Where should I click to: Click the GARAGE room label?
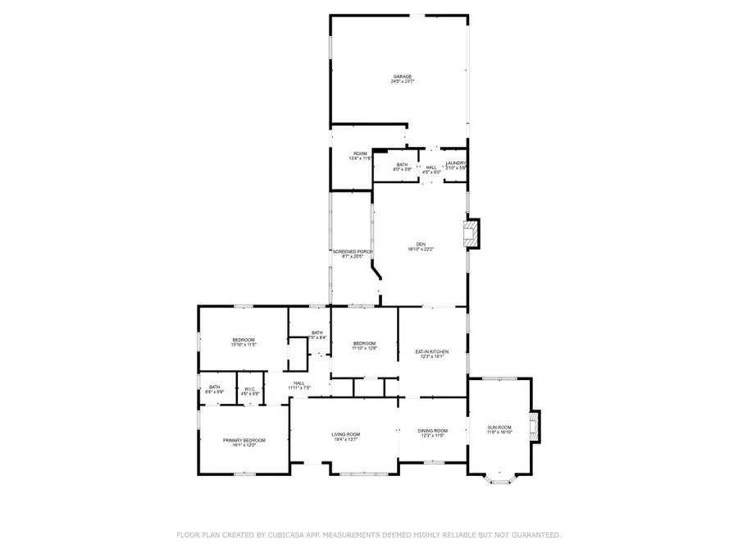click(x=402, y=76)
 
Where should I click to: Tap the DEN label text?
click(x=421, y=243)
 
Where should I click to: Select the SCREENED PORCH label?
click(x=353, y=251)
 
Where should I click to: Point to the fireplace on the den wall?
click(x=472, y=233)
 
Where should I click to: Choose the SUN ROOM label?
click(x=499, y=428)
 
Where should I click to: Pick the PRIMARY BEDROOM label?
click(x=244, y=440)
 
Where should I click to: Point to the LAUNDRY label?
click(x=456, y=163)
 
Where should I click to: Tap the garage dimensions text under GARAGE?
click(x=402, y=82)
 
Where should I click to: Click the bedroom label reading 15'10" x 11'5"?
click(x=244, y=345)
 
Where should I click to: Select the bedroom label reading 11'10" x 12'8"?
click(x=364, y=348)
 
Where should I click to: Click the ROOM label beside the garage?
click(x=360, y=153)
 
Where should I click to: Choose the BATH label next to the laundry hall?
click(x=402, y=165)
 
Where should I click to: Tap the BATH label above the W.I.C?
click(x=214, y=387)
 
